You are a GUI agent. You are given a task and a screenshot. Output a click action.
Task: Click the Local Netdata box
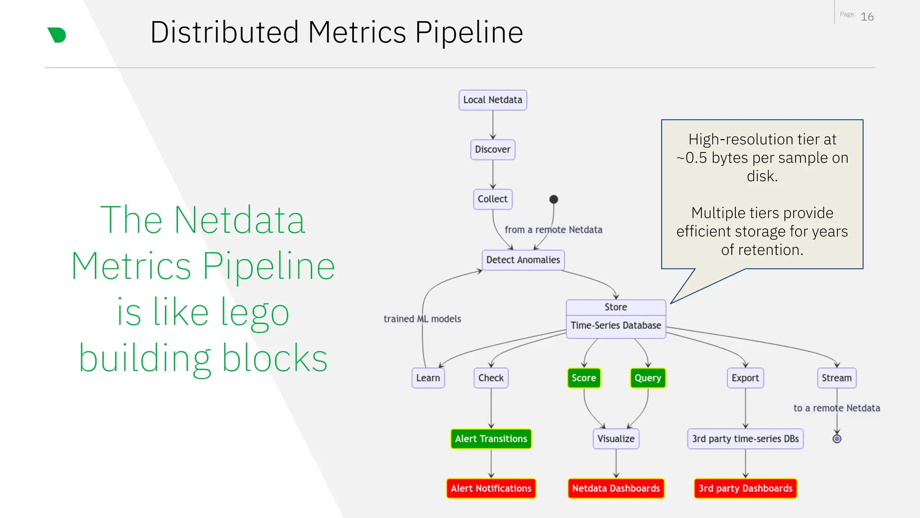(492, 100)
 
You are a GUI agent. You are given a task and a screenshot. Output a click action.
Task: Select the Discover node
(492, 149)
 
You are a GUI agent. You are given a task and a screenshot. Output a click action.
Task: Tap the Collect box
(492, 199)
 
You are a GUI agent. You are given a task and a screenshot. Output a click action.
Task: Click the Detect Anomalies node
(523, 260)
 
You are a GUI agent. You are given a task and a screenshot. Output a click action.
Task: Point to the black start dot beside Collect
(553, 199)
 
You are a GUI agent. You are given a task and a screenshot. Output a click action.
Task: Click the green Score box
(584, 378)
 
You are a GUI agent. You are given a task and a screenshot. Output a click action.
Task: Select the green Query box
(647, 378)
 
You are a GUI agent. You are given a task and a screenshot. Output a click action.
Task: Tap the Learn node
(428, 378)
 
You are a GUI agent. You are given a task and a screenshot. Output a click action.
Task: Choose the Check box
(491, 378)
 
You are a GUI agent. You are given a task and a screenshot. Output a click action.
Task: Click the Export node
(745, 378)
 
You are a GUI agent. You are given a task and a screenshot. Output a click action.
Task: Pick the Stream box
(836, 378)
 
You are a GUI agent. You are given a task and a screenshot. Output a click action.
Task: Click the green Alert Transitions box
(491, 439)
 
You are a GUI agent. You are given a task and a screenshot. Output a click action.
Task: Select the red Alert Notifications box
(491, 488)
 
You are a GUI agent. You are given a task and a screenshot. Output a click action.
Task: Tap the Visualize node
(615, 439)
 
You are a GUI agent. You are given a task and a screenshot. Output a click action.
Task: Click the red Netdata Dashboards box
(615, 488)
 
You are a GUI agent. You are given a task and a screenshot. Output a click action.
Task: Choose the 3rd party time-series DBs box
(745, 439)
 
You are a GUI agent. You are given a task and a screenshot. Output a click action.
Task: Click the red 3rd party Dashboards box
(745, 488)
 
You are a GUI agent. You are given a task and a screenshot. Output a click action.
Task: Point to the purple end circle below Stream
(836, 439)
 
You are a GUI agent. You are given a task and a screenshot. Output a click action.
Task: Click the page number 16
(867, 17)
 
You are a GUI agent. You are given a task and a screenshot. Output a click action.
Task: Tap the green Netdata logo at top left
(57, 35)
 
